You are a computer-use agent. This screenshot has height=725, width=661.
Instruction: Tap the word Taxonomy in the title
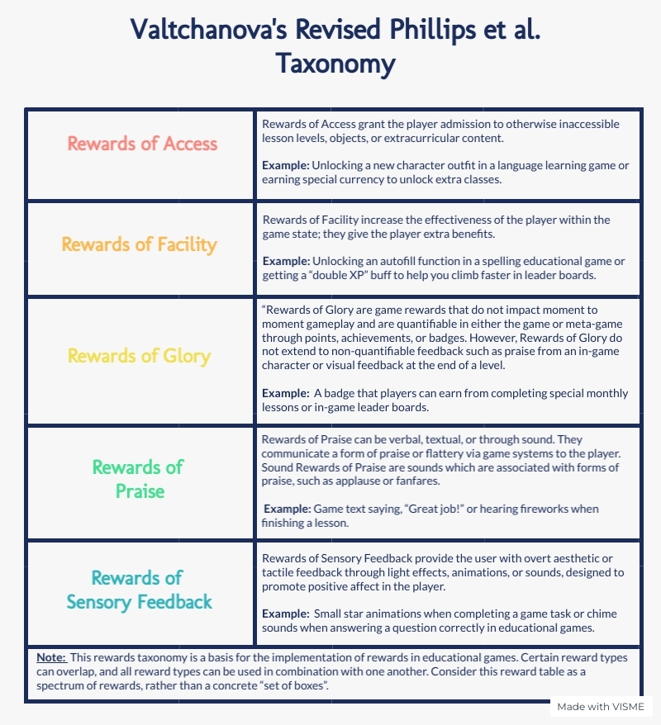(335, 64)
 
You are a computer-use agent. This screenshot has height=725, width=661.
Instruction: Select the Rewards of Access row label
(142, 143)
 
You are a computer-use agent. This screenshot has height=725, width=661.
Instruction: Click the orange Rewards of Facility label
(140, 244)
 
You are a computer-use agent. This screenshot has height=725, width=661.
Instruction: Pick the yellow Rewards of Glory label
(140, 356)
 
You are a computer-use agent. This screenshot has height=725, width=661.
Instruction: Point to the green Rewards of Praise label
(137, 479)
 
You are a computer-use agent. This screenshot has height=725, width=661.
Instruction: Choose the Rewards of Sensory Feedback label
(139, 590)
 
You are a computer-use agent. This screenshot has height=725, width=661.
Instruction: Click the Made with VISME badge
(602, 707)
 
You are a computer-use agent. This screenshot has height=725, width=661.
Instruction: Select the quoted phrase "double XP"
(357, 275)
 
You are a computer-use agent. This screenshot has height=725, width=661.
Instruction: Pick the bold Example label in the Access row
(287, 165)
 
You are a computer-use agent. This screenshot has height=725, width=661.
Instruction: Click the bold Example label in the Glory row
(287, 393)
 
